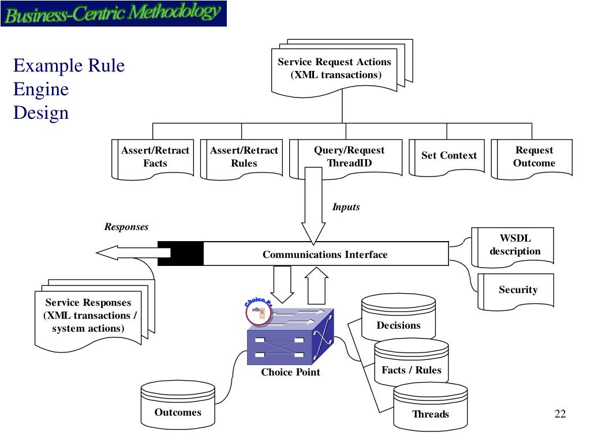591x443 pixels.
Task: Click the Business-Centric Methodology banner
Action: click(x=113, y=14)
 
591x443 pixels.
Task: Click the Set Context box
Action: click(x=448, y=155)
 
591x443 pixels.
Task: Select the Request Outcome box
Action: click(x=534, y=157)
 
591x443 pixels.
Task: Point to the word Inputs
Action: click(x=346, y=207)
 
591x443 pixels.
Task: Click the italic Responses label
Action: click(x=126, y=227)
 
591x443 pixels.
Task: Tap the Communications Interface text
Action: click(x=325, y=254)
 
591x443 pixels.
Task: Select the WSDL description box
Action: click(x=515, y=245)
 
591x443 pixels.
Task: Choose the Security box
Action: click(x=518, y=290)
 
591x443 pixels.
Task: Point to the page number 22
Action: click(x=560, y=414)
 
